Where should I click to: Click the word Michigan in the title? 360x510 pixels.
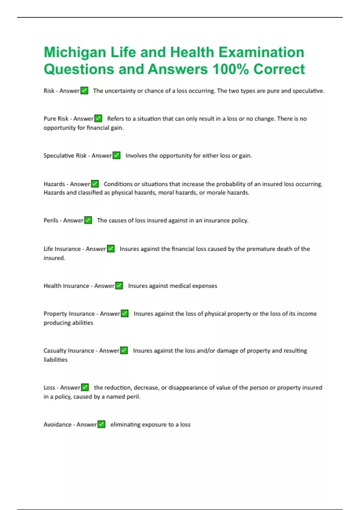75,52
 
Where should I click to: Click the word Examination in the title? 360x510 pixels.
261,52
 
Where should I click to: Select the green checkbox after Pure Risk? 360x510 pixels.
98,118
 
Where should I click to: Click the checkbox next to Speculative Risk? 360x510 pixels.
116,155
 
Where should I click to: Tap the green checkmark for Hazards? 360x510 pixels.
95,184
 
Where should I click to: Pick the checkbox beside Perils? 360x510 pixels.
88,220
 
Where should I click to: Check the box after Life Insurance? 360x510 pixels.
111,249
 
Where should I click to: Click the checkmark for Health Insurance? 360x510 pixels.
119,286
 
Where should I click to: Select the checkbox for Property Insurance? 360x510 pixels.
124,313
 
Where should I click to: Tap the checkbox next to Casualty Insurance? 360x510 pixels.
124,350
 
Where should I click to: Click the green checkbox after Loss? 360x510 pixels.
85,387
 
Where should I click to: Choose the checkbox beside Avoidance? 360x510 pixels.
101,424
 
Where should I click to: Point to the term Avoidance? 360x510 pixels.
57,424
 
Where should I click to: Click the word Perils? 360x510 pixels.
51,220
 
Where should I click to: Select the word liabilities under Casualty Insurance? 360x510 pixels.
55,360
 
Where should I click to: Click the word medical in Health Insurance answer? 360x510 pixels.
180,286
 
